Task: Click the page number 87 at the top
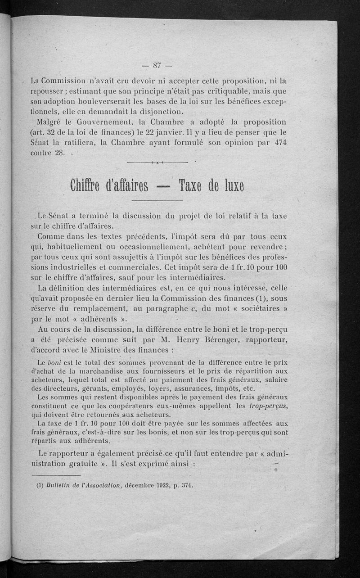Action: click(157, 66)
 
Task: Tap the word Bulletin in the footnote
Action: click(54, 485)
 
